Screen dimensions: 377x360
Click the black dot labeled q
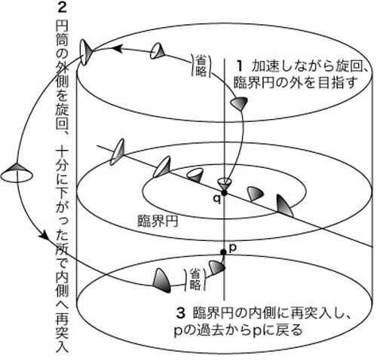pos(224,193)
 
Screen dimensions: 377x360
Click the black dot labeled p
pos(223,252)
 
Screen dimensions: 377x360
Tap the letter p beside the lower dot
pos(233,248)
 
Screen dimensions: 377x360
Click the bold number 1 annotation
pos(240,66)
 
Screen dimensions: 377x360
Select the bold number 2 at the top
pos(62,8)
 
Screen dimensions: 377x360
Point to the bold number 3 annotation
pos(180,313)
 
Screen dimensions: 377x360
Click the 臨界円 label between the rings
pos(158,221)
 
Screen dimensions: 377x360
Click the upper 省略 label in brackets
pos(201,66)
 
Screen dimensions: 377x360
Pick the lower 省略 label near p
pos(195,279)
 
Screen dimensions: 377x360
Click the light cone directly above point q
pos(225,184)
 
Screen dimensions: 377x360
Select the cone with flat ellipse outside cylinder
pos(17,172)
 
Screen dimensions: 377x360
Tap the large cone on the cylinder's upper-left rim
pos(86,53)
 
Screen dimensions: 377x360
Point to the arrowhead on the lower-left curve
pos(44,236)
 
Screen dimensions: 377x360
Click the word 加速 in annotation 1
pos(266,66)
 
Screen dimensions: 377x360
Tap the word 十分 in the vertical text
pos(62,161)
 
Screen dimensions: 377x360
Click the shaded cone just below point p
pos(216,267)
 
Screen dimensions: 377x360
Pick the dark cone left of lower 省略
pos(161,281)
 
